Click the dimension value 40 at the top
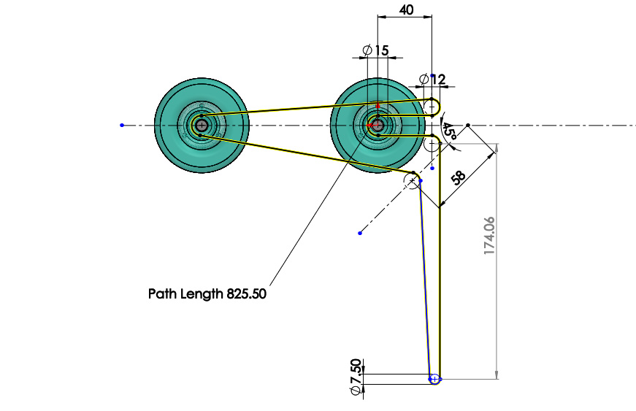tap(407, 9)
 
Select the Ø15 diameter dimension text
tap(375, 50)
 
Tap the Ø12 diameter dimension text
tap(432, 80)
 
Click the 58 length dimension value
tap(459, 177)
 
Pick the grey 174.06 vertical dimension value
tap(489, 236)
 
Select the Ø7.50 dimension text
tap(356, 377)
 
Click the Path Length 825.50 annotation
tap(207, 293)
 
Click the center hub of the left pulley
tap(202, 126)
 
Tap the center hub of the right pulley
tap(378, 126)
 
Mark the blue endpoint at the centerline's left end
tap(122, 126)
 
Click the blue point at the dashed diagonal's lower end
tap(360, 233)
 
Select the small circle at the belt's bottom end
tap(434, 380)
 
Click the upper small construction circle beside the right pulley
tap(432, 107)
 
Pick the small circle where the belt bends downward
tap(412, 180)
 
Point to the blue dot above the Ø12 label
tap(432, 76)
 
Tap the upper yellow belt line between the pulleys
tap(316, 107)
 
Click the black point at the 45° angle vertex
tap(467, 126)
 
